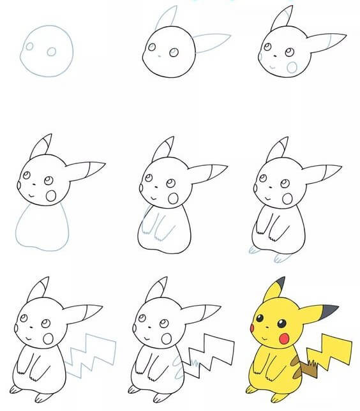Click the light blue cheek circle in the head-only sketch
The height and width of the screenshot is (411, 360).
(292, 66)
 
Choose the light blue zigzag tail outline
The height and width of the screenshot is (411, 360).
(92, 355)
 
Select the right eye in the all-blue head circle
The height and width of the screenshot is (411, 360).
(52, 52)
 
